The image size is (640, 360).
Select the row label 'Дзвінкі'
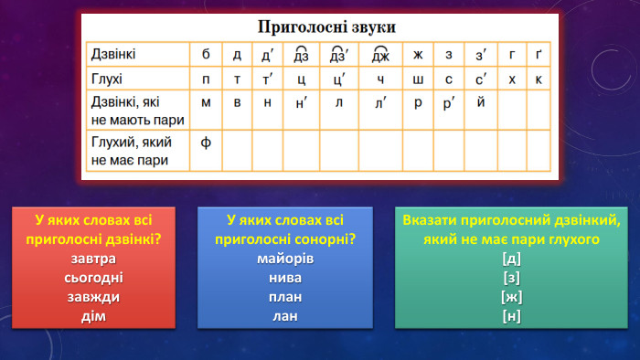point(112,55)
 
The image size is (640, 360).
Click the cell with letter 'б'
point(206,55)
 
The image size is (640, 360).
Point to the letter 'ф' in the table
point(206,143)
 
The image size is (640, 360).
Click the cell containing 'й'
point(481,101)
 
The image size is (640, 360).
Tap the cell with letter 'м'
point(206,101)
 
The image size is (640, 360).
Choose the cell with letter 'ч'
point(380,79)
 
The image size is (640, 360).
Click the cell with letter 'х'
point(512,79)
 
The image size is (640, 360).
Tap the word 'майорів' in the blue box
point(285,259)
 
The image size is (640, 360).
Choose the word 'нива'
point(285,278)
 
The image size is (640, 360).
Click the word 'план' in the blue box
point(285,297)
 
